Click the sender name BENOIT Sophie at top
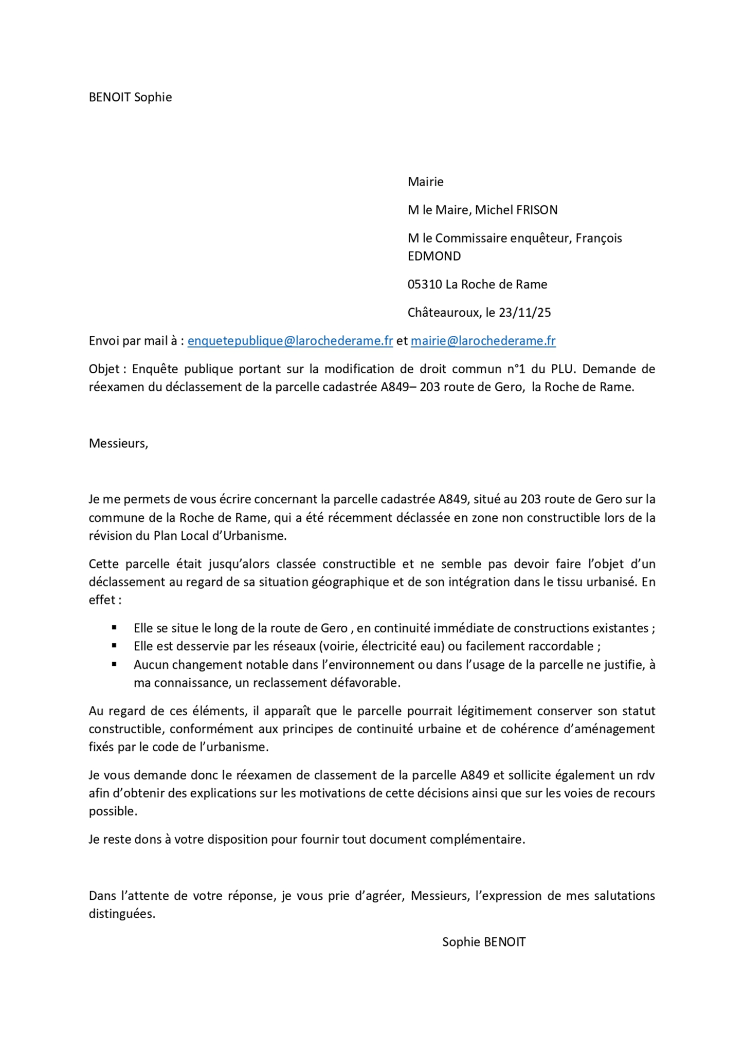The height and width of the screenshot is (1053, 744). point(130,97)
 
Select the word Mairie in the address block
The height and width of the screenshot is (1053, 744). point(425,181)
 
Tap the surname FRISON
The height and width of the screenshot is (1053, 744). point(536,210)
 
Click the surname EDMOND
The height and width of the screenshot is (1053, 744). point(434,256)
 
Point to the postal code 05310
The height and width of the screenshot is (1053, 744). point(425,284)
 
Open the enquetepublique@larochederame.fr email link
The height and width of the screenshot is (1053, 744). point(290,341)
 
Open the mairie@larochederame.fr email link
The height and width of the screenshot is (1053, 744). point(483,341)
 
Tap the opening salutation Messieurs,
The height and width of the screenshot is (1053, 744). point(118,443)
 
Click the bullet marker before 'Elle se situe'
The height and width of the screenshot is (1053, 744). point(114,628)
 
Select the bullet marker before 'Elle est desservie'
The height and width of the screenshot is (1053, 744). point(114,646)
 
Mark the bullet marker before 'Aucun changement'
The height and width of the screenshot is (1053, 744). point(114,664)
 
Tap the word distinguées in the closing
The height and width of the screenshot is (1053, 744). point(121,914)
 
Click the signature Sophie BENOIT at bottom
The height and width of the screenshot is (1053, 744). point(484,942)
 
